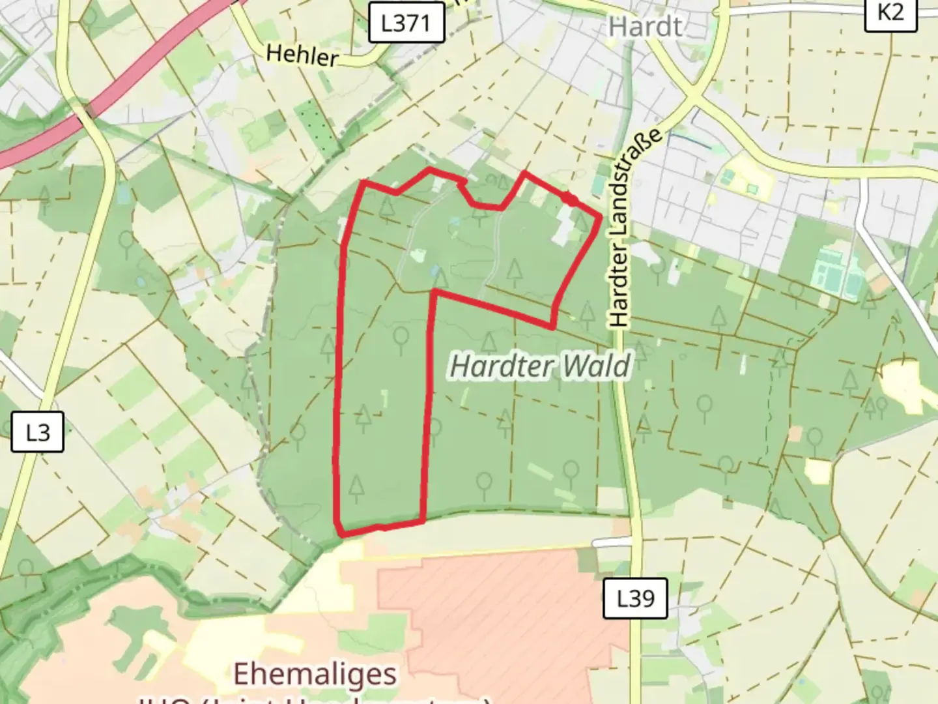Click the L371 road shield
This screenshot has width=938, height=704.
click(406, 23)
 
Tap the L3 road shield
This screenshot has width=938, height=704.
click(37, 432)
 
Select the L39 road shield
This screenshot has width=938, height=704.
click(634, 598)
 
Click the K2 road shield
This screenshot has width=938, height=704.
click(890, 12)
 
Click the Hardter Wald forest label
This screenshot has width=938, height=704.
click(540, 366)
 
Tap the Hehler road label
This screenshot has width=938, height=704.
click(302, 55)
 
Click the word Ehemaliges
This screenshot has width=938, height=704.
click(315, 674)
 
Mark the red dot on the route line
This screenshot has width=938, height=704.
click(570, 199)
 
